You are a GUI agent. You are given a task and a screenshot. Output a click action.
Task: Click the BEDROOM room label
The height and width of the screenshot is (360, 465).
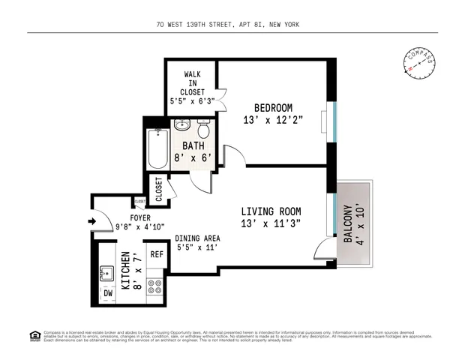272,108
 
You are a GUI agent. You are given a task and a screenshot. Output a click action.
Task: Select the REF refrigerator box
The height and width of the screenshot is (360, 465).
156,255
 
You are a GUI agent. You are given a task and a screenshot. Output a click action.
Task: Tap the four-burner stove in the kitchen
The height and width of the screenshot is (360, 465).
155,286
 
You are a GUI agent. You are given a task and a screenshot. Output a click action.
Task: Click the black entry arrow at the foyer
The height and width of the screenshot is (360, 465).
92,221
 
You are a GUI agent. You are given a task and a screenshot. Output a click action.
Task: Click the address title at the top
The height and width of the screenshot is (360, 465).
232,25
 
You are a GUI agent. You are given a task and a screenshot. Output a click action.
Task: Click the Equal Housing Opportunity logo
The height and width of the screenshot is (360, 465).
34,336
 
